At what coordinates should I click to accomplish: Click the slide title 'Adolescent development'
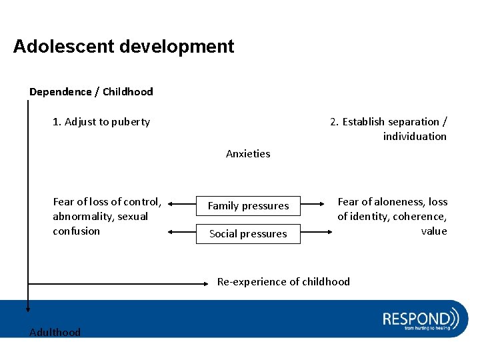123,47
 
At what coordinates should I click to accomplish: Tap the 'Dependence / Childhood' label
91,92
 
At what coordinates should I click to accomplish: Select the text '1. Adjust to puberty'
101,122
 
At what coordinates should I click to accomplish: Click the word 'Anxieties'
248,154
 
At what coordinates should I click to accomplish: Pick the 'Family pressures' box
248,206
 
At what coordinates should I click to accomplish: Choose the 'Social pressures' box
248,234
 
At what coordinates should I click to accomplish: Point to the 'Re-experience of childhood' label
283,282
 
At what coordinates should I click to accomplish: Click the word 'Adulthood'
55,333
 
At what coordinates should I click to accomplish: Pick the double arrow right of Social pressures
317,233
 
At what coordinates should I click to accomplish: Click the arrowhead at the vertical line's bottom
28,308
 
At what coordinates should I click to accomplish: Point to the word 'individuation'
415,137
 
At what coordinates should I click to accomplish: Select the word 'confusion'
76,231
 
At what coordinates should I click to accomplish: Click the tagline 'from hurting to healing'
427,328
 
